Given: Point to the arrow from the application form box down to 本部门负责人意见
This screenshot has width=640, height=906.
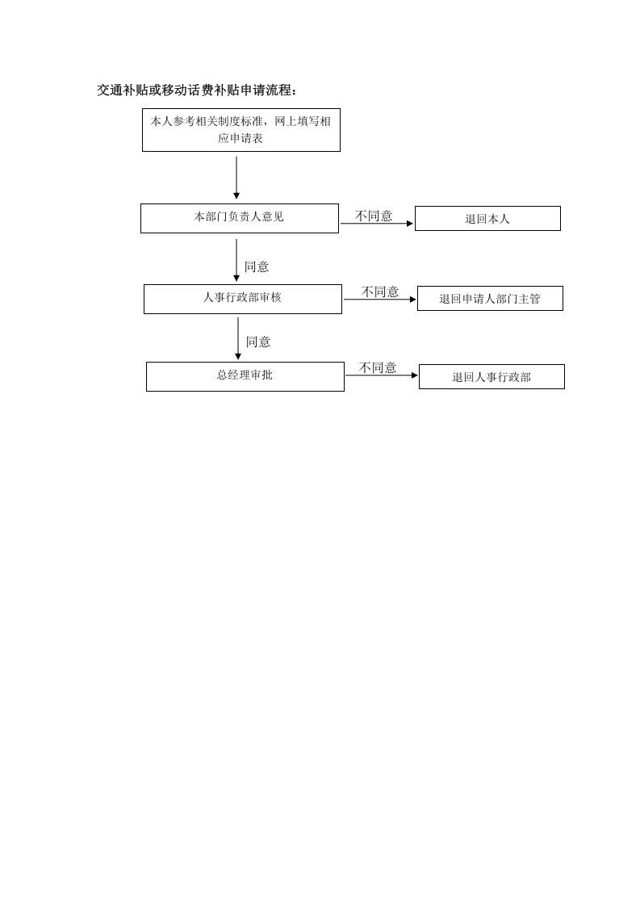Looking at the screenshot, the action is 236,178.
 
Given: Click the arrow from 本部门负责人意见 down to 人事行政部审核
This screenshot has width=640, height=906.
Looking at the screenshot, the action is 236,260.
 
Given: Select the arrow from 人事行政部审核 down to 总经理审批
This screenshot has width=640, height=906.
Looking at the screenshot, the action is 238,338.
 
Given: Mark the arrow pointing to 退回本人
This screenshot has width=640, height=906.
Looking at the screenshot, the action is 377,224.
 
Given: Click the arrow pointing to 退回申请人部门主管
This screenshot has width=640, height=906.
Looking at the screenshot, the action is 380,300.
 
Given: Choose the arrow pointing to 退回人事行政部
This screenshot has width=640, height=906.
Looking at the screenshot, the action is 382,375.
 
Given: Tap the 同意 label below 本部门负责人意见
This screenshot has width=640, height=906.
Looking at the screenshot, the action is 257,267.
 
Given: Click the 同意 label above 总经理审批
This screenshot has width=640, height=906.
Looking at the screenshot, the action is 258,342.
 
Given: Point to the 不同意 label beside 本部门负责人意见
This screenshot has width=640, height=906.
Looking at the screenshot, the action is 374,216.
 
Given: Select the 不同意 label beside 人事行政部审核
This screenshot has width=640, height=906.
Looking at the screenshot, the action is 380,292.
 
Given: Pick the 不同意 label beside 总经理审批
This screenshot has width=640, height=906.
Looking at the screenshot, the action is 378,367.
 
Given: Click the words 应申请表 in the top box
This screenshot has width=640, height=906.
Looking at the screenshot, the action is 241,138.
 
